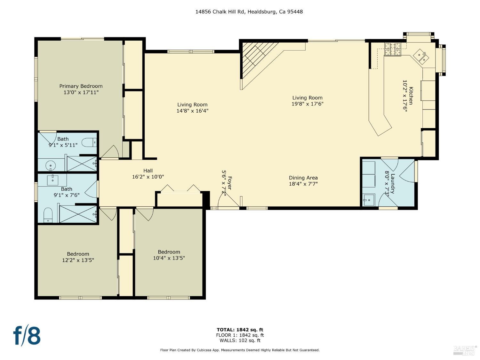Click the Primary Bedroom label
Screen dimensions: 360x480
(x=81, y=86)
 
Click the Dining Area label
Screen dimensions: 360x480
(x=303, y=178)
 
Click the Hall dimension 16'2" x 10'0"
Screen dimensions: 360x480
(x=148, y=177)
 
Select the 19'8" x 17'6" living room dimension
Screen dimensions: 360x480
(x=307, y=104)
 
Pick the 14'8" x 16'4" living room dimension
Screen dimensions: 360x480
(x=192, y=111)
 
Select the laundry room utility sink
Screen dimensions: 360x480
(x=369, y=200)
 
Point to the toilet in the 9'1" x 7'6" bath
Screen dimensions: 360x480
(x=48, y=215)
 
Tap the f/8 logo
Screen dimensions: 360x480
(x=27, y=335)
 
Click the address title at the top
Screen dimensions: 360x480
(x=249, y=12)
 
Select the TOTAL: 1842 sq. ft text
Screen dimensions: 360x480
(x=240, y=330)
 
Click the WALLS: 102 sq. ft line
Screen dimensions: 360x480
(x=240, y=340)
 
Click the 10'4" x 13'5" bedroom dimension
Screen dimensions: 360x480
(x=169, y=258)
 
